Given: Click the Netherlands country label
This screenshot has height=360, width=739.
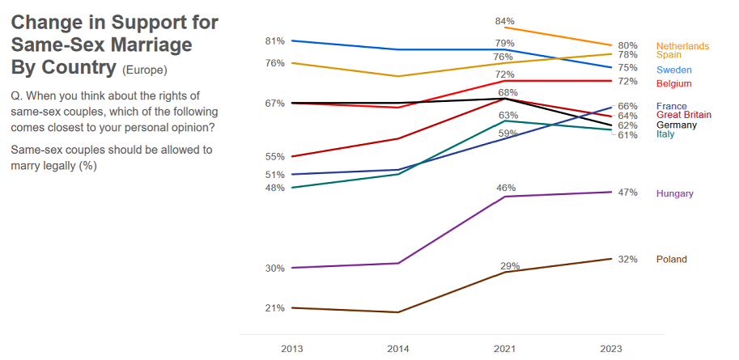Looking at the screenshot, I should click(x=682, y=46).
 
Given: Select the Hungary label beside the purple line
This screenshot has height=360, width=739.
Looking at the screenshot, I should click(x=674, y=193).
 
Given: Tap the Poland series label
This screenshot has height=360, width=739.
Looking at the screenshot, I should click(x=671, y=260).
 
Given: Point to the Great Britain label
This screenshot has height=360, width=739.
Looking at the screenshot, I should click(x=683, y=115).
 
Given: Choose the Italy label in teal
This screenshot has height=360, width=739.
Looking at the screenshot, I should click(x=665, y=134).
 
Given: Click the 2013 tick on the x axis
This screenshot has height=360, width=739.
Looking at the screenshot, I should click(x=291, y=348).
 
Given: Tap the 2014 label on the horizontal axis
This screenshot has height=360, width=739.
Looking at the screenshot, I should click(x=399, y=348).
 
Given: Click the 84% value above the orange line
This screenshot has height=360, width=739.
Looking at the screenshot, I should click(x=504, y=21).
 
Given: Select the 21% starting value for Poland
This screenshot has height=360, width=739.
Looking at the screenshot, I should click(x=274, y=308).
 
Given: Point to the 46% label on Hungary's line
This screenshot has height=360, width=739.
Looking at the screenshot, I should click(x=506, y=188).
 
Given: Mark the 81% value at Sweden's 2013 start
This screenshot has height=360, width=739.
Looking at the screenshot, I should click(x=274, y=40).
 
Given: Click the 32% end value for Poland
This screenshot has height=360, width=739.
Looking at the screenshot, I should click(x=627, y=260).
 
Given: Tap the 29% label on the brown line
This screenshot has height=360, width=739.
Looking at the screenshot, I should click(x=509, y=266).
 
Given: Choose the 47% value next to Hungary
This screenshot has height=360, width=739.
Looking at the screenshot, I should click(x=627, y=193).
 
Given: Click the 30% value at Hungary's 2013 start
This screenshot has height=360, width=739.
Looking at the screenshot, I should click(x=274, y=269).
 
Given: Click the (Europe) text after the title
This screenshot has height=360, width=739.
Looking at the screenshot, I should click(x=145, y=70).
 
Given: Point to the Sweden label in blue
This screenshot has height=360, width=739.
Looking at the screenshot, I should click(x=673, y=70).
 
